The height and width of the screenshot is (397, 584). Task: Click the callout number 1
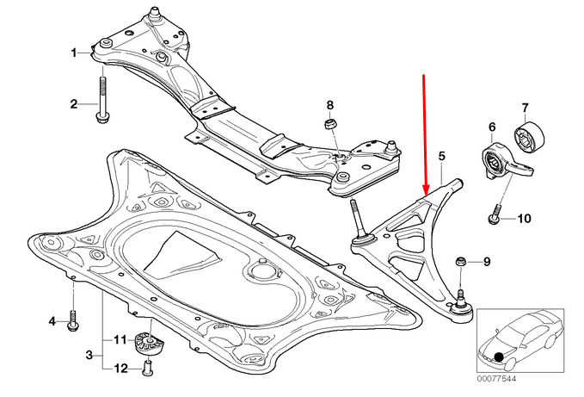tap(74, 53)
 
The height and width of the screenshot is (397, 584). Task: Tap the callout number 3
tap(89, 355)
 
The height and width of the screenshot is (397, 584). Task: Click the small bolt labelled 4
tap(72, 320)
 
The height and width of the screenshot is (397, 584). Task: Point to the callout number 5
tap(442, 156)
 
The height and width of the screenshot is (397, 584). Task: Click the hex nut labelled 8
tap(330, 124)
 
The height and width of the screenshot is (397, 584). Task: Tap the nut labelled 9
tap(460, 262)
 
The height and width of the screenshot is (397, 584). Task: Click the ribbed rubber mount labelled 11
tap(149, 342)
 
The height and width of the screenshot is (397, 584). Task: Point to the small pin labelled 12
tap(148, 367)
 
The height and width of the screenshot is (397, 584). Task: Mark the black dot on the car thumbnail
tap(499, 358)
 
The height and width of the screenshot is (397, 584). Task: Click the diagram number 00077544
tap(497, 379)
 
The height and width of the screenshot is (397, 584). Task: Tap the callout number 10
tap(524, 218)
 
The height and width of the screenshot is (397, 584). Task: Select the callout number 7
tap(526, 109)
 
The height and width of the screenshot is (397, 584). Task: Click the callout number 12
tap(121, 369)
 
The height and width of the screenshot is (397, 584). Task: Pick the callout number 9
tap(487, 262)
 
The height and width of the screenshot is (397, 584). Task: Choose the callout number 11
tap(120, 340)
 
